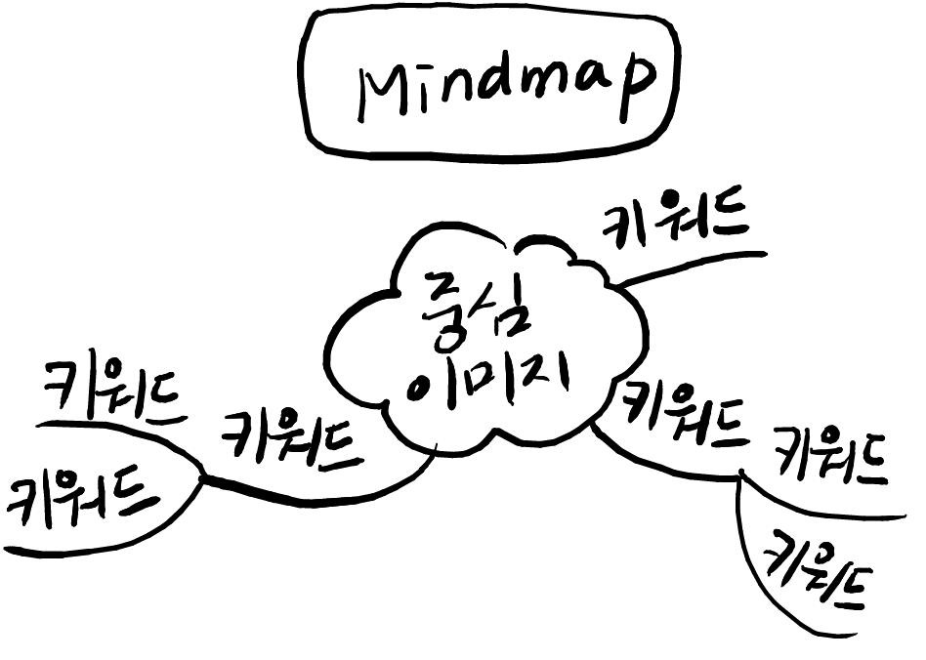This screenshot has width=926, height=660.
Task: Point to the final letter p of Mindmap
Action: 636,90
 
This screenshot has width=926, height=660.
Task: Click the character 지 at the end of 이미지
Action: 544,377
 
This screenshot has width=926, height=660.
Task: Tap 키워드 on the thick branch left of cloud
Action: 290,440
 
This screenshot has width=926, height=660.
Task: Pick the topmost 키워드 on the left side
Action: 115,391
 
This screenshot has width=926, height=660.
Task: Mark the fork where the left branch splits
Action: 203,478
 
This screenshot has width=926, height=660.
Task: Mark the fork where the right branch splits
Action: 740,476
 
